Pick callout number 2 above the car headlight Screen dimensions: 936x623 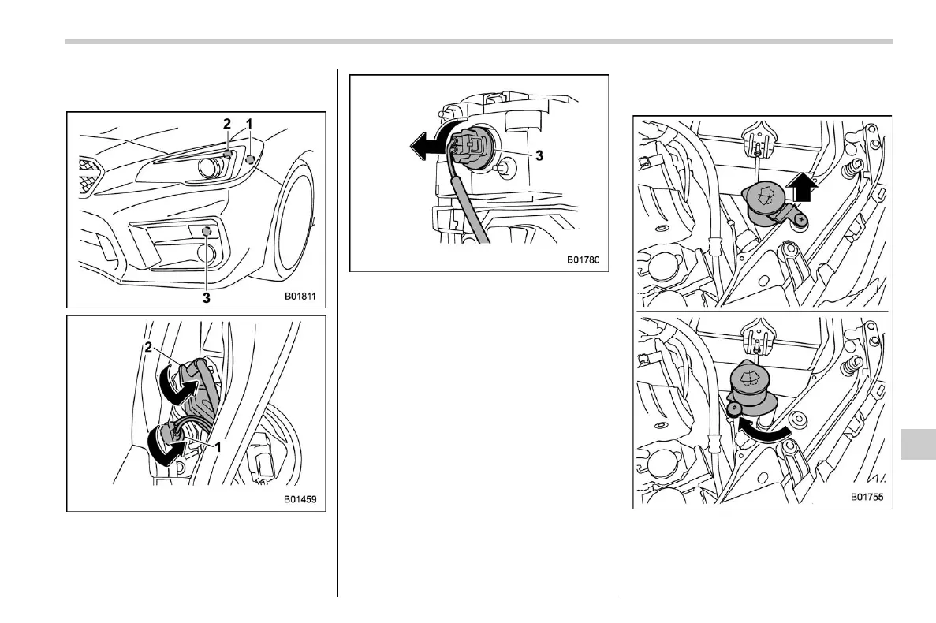tap(227, 124)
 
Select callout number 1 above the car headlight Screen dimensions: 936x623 tap(250, 124)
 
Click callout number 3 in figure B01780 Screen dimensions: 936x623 tap(539, 156)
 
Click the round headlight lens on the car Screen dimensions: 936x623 tap(209, 166)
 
